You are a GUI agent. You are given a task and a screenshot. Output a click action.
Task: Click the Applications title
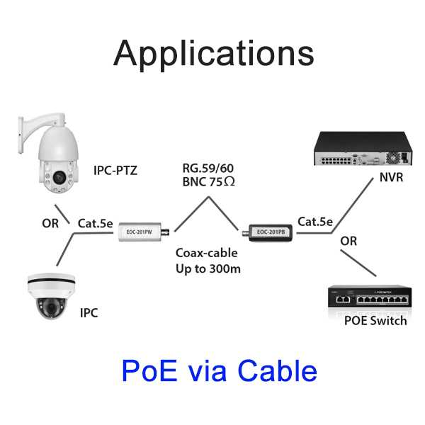click(214, 55)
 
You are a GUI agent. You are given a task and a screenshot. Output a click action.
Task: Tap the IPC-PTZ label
click(115, 171)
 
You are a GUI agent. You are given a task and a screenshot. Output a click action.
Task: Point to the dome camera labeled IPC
click(51, 296)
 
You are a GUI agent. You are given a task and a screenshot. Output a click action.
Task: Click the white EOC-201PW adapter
click(144, 232)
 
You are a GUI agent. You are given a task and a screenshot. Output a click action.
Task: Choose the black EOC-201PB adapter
click(268, 232)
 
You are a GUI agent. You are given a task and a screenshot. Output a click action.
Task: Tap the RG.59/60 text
click(208, 169)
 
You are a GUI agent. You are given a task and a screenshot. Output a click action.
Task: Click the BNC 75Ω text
click(208, 181)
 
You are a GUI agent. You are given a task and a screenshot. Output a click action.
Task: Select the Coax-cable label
click(207, 253)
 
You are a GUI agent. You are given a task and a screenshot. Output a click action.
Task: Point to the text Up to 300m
click(208, 269)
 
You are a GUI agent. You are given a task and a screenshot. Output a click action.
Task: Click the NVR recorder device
click(363, 149)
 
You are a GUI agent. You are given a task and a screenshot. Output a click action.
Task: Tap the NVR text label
click(391, 177)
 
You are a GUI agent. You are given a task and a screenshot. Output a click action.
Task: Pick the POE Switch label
click(375, 321)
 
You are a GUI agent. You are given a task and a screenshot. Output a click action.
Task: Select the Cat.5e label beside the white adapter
click(95, 223)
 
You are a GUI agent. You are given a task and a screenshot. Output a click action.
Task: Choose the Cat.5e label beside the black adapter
click(315, 222)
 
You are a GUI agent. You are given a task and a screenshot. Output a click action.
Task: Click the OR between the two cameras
click(50, 224)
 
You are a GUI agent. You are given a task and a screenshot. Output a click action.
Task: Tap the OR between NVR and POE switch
click(348, 241)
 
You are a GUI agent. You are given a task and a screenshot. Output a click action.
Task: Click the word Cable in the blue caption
click(277, 370)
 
